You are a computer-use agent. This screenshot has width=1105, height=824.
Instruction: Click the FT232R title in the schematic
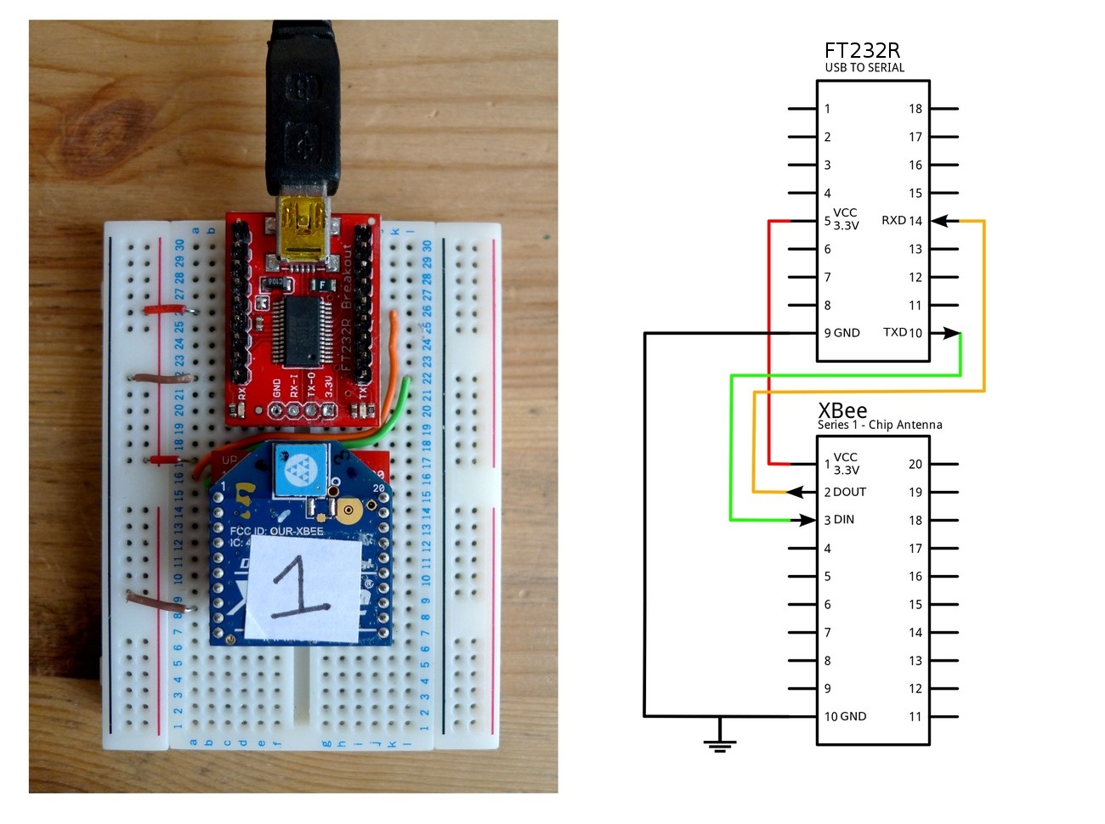point(862,50)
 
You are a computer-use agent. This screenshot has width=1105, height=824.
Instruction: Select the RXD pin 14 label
point(901,221)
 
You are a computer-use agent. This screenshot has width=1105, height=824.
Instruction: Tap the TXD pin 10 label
point(902,332)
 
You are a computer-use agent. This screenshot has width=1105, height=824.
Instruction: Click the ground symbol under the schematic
point(720,744)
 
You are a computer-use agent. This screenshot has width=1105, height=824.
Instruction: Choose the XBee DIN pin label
point(839,520)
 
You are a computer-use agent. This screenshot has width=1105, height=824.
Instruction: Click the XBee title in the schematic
point(842,411)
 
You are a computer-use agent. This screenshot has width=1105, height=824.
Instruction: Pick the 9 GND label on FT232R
point(841,333)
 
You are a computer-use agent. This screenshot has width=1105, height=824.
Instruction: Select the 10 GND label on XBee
point(845,716)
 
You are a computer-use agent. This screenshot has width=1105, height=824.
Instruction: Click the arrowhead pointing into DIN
point(807,520)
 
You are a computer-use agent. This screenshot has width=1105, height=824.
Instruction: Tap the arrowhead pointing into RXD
point(941,221)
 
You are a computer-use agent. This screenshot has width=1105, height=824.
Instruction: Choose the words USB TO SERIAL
point(864,68)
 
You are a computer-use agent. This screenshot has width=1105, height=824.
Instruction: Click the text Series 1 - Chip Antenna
point(880,425)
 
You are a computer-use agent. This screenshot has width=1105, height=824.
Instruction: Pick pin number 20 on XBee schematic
point(915,464)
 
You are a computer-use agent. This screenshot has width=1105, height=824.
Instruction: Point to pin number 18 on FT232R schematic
point(915,109)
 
